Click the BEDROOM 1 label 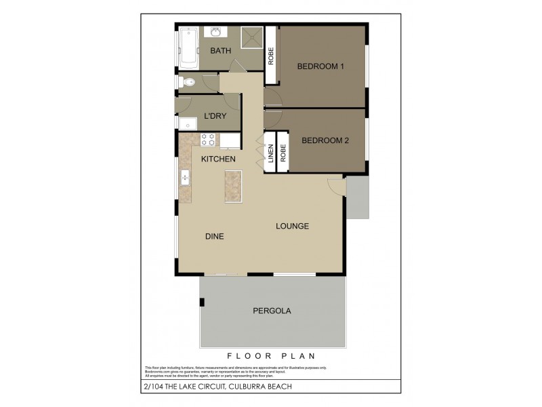(321, 66)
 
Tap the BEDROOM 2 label (325, 141)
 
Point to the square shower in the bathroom (251, 38)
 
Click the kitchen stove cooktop (208, 140)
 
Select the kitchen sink (184, 179)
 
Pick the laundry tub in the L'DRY (185, 123)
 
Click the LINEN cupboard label (270, 155)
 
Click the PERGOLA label (272, 311)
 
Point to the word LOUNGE (292, 226)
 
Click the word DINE (214, 236)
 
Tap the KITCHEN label (218, 159)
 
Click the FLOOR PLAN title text (271, 355)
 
